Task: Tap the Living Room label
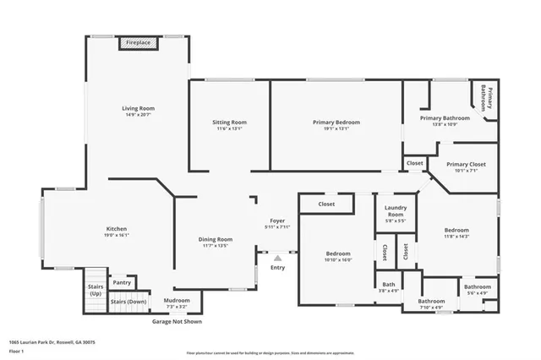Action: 139,108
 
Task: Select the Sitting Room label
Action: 229,123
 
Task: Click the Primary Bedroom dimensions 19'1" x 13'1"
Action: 336,129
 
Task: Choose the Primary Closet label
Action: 462,165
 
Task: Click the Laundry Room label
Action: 395,211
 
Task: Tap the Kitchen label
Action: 117,229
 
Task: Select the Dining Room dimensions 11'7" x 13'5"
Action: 216,246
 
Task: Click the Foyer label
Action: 278,221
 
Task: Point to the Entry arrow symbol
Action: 277,258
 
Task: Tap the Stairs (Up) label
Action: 96,289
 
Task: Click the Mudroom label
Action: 178,300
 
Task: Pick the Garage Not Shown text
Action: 177,322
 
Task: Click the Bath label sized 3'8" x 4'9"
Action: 388,286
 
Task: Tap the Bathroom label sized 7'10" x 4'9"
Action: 431,302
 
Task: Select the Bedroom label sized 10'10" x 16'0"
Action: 338,254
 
